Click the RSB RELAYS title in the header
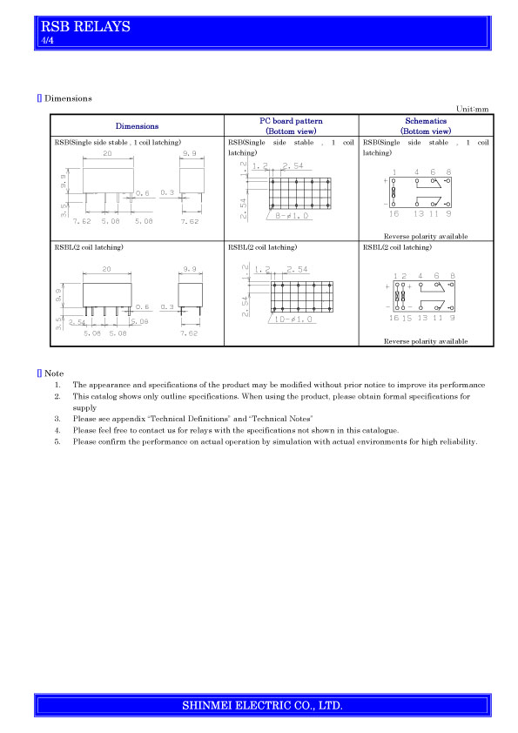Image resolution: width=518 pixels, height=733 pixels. [85, 26]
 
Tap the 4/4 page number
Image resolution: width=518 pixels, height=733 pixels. [47, 40]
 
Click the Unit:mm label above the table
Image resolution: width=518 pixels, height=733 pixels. [472, 109]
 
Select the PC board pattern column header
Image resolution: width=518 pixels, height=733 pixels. [292, 125]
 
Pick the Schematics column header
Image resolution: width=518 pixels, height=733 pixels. [426, 125]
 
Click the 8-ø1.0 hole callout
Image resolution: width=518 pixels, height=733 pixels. [293, 216]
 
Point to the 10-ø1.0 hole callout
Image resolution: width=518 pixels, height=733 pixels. [293, 319]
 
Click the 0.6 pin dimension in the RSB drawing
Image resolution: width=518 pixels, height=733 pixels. [143, 192]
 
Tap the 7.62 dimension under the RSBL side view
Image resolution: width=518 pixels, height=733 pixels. [189, 333]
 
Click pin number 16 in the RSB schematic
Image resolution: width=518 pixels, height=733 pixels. [394, 213]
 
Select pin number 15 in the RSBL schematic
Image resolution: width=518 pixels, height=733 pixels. [407, 318]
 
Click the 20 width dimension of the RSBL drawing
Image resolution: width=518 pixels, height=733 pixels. [106, 269]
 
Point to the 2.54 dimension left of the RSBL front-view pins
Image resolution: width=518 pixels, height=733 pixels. [77, 322]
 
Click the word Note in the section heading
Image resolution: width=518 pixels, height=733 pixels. [54, 373]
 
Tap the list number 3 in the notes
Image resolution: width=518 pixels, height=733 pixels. [57, 419]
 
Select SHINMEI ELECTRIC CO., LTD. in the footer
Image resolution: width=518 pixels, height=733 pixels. [262, 705]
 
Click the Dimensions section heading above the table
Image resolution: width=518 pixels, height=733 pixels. [68, 98]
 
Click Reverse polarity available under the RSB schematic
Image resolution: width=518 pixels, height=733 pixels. [426, 236]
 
